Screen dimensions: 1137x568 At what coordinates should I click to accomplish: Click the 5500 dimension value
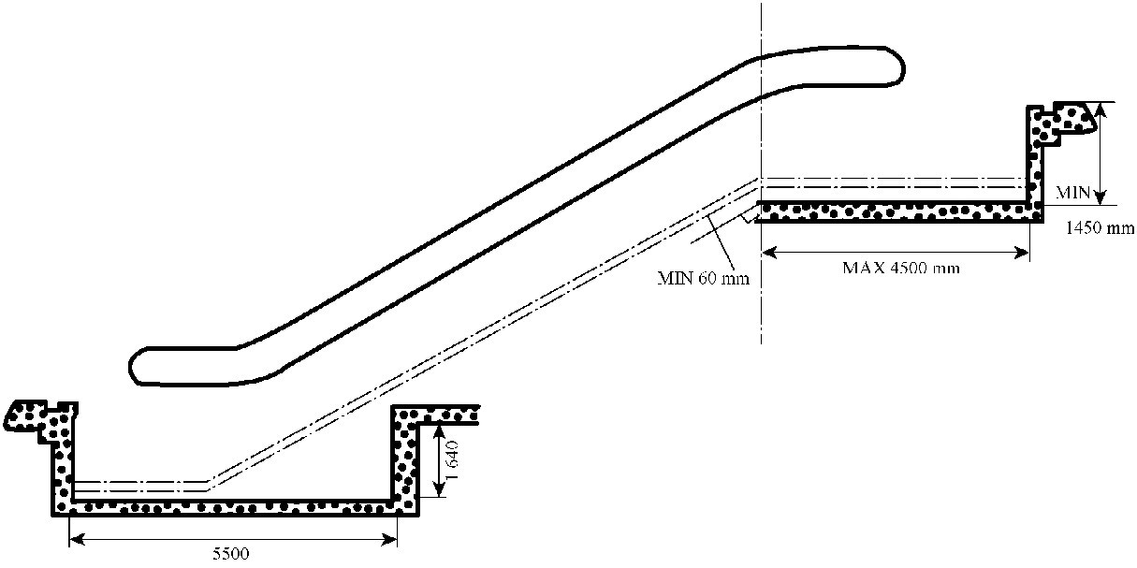click(x=230, y=553)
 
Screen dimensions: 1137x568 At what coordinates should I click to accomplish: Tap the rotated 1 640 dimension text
click(x=452, y=460)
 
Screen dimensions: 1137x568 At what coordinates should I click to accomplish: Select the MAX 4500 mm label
click(x=901, y=268)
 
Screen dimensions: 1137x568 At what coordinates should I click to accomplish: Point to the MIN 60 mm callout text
click(x=703, y=278)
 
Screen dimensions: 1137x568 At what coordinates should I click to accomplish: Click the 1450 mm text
click(x=1100, y=228)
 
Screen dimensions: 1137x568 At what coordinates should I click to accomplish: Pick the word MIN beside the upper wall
click(x=1073, y=193)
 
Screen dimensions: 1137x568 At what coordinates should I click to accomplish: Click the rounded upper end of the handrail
click(x=896, y=67)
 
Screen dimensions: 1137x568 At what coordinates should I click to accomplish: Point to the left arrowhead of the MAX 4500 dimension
click(x=769, y=253)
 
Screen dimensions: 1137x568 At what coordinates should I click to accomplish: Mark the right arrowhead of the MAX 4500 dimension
click(x=1021, y=253)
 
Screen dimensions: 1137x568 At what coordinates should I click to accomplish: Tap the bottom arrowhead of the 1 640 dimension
click(x=440, y=488)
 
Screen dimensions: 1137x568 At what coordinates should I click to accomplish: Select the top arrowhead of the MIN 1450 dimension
click(x=1100, y=110)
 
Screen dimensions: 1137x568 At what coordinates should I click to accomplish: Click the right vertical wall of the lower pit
click(x=404, y=459)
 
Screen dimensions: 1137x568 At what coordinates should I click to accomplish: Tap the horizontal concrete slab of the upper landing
click(x=898, y=211)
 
